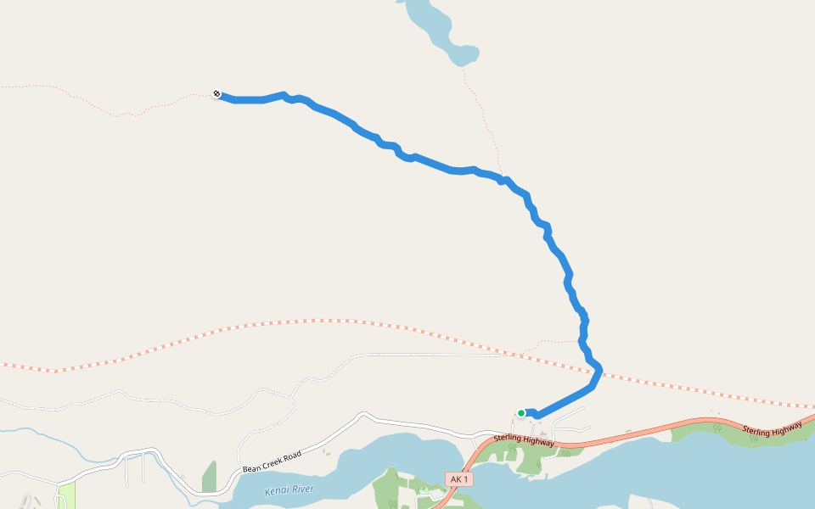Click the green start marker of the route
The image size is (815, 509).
[521, 413]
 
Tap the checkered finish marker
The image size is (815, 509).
[216, 93]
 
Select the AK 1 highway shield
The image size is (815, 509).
[458, 479]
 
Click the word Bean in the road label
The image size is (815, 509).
[252, 467]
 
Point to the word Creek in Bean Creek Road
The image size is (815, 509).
[272, 461]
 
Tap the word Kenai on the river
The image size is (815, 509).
[278, 492]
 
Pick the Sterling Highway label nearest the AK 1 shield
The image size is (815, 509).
[524, 441]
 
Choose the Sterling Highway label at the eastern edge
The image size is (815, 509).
[773, 430]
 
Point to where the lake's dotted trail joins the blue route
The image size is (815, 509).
[503, 179]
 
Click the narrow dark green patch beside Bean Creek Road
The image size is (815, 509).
[209, 478]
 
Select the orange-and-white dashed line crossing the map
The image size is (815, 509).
[255, 324]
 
